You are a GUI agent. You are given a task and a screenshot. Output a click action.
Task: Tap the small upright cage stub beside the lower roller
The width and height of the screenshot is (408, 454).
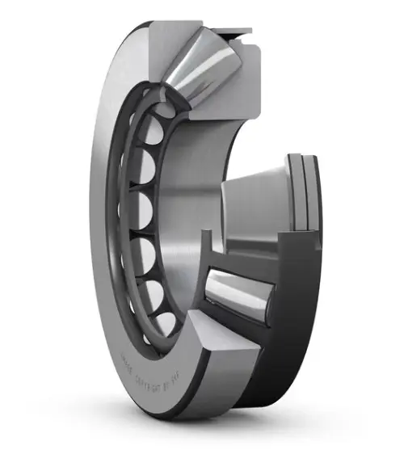[207, 242]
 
